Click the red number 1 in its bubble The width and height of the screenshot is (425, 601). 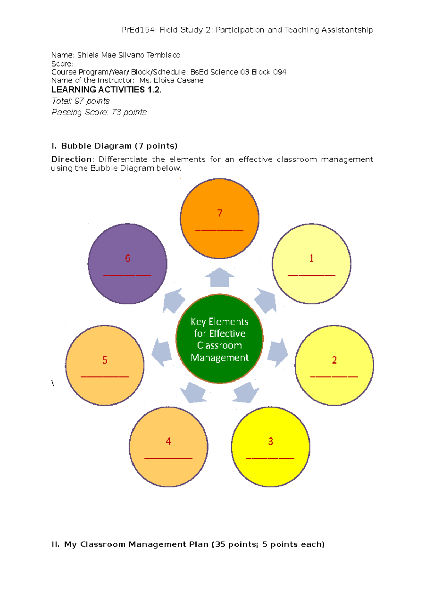tap(311, 258)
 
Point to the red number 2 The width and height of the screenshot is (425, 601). tap(334, 360)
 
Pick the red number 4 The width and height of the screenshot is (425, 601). tap(168, 441)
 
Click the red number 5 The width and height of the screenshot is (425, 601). tap(105, 360)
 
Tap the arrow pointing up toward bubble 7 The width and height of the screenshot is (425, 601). tap(220, 277)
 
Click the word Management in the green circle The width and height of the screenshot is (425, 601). tap(220, 357)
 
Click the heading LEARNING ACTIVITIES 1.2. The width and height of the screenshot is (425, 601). tap(106, 90)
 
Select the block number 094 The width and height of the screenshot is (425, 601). tap(279, 72)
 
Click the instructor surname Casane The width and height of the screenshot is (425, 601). tap(190, 80)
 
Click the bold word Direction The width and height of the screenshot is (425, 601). tap(72, 159)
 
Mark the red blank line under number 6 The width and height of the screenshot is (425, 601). tap(127, 275)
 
